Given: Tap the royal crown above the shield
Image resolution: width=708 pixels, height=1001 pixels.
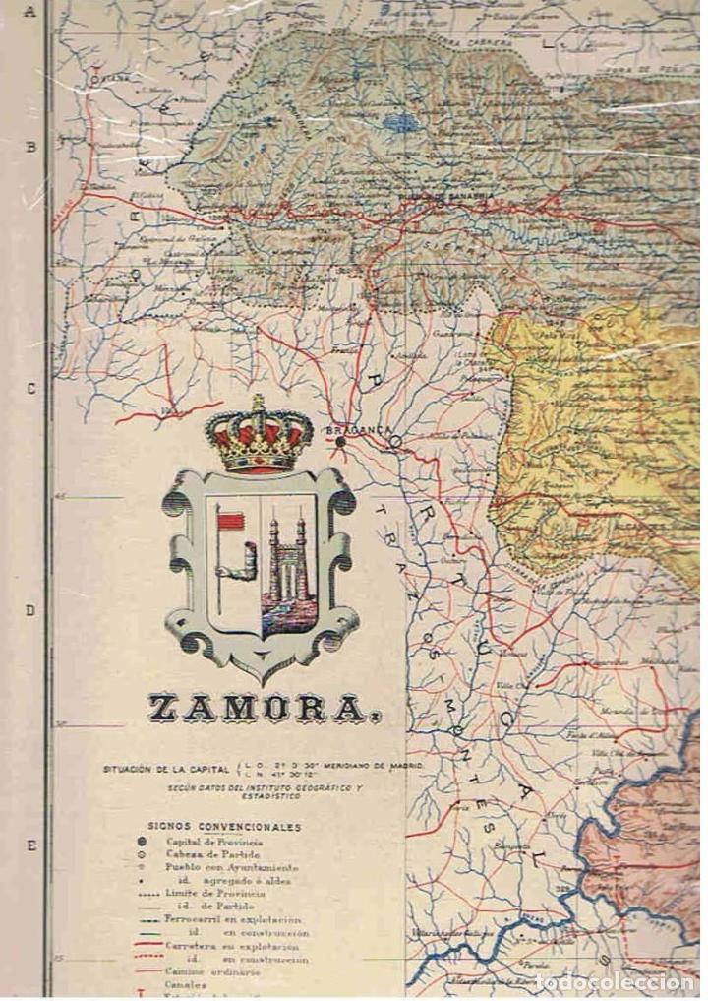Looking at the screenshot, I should [x=260, y=435].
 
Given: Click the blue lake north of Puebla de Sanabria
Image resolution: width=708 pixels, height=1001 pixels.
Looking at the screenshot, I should [x=398, y=124].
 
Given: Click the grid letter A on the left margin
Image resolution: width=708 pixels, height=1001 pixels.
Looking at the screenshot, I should [x=30, y=14].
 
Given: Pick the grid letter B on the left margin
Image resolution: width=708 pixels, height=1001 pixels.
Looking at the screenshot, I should [x=30, y=148].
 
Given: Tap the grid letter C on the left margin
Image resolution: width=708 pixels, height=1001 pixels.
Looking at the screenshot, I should [x=30, y=388].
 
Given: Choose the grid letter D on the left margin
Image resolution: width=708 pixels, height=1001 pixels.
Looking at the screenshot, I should [x=30, y=610].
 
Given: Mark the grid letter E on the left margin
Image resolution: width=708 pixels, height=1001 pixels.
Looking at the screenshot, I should [x=30, y=845].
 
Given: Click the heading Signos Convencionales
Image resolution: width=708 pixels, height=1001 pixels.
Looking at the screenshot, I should [x=225, y=828].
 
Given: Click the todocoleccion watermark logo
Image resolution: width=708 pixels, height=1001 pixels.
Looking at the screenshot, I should [x=619, y=983].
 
